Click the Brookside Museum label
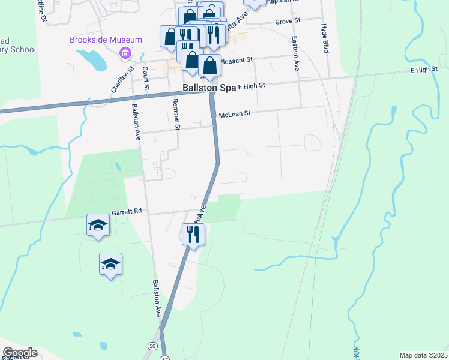click(x=106, y=40)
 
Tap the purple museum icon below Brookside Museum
click(x=125, y=54)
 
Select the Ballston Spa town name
click(x=208, y=88)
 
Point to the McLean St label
click(x=234, y=113)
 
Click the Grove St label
click(x=288, y=21)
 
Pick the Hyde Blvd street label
click(x=325, y=38)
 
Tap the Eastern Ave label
click(x=295, y=53)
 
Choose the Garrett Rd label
click(x=126, y=211)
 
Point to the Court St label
click(x=145, y=77)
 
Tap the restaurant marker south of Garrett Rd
click(x=193, y=233)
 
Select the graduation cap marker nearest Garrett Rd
click(x=98, y=225)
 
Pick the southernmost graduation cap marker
click(x=111, y=263)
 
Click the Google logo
click(x=20, y=353)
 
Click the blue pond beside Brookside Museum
click(x=91, y=59)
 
